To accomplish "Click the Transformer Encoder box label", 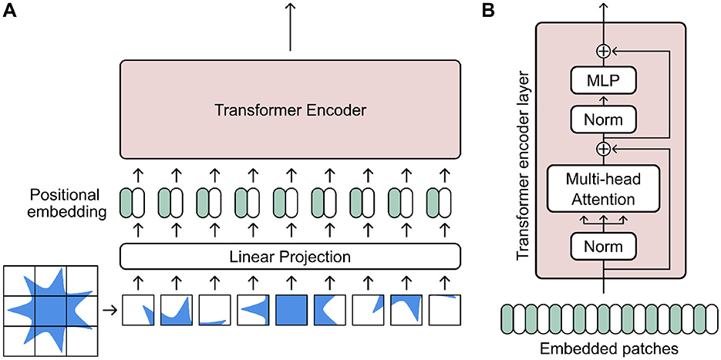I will (290, 109).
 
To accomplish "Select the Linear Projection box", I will (290, 255).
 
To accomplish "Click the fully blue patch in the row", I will (290, 311).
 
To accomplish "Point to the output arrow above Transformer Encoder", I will (290, 27).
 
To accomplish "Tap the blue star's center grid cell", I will (50, 311).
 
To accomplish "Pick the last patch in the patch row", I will (443, 311).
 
